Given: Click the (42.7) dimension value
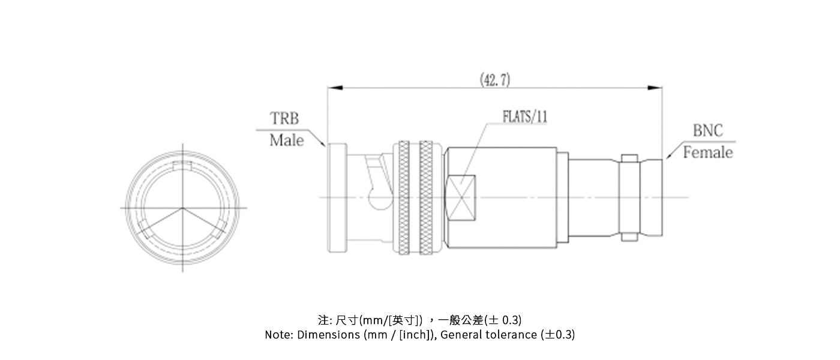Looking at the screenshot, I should point(495,79).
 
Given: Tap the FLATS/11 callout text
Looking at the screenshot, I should point(524,116).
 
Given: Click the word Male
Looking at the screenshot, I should point(286,140).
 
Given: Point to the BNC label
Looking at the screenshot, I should point(708,131).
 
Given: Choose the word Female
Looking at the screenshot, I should point(708,152).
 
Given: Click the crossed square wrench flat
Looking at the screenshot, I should point(462,197).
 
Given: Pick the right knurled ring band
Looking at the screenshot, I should point(426,197).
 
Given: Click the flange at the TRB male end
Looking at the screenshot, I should point(336,198).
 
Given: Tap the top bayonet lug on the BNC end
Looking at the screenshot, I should point(629,158).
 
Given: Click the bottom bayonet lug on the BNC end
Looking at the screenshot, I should point(629,236).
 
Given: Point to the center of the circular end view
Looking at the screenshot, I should point(182,208).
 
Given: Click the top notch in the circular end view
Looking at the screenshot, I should point(182,166).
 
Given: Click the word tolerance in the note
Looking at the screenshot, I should point(511,335).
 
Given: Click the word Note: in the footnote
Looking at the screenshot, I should point(279,335).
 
